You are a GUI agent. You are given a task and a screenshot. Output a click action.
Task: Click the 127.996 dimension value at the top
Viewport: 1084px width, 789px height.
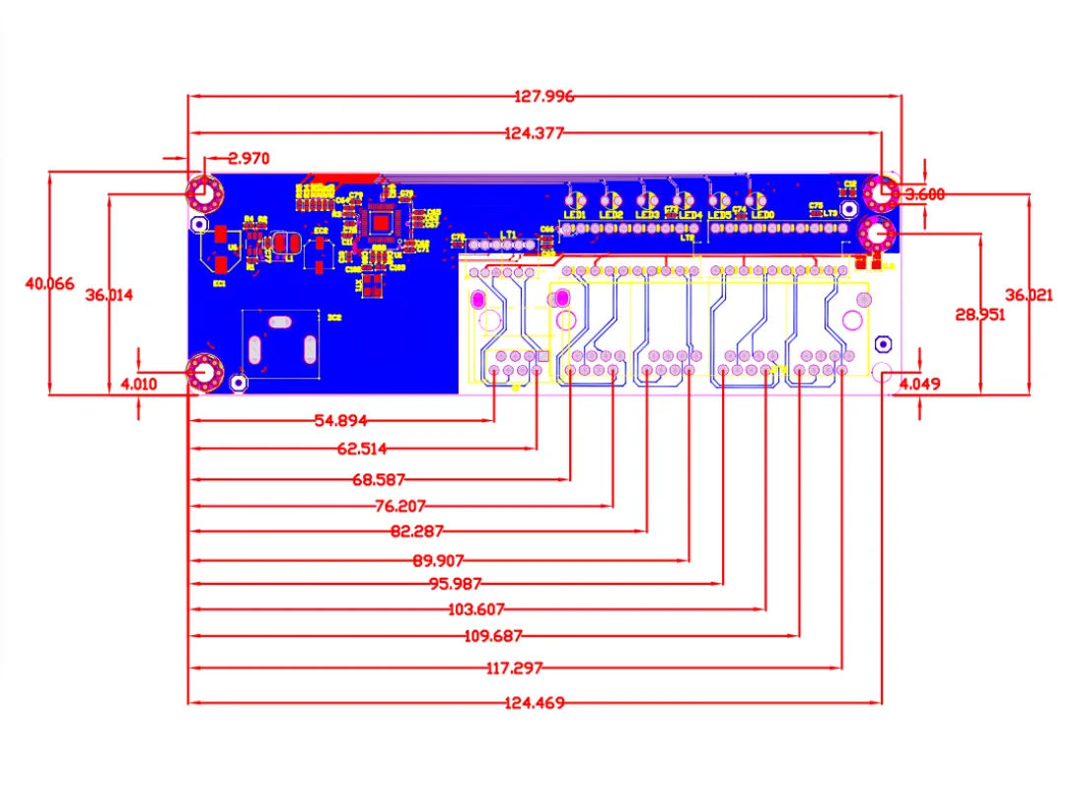coord(543,97)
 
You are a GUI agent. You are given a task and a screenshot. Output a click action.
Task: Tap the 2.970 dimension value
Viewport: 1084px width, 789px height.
coord(248,158)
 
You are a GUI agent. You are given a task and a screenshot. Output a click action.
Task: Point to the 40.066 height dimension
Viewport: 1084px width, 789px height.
coord(49,283)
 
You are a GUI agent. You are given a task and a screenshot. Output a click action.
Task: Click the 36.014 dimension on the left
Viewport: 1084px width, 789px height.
coord(108,295)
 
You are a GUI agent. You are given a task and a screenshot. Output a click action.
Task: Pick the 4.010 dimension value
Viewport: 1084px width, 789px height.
coord(139,384)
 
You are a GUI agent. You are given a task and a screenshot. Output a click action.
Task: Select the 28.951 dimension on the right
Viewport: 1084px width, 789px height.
coord(979,315)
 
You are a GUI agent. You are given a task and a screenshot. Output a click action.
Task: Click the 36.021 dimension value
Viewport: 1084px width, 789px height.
coord(1029,295)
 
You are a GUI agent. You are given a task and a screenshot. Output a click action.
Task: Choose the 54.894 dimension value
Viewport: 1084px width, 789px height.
coord(340,421)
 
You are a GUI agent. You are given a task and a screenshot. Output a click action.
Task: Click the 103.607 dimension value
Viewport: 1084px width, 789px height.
coord(477,610)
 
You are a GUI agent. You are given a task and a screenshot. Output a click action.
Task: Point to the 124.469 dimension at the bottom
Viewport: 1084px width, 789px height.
coord(534,703)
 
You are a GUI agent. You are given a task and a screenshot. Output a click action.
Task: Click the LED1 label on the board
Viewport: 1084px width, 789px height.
coord(574,214)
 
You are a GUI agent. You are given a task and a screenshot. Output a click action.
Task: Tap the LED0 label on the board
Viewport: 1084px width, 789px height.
coord(762,214)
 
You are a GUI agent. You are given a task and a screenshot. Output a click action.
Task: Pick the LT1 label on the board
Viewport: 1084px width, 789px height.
coord(509,235)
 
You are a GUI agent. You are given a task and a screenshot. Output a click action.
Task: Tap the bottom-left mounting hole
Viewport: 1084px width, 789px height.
coord(204,372)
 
